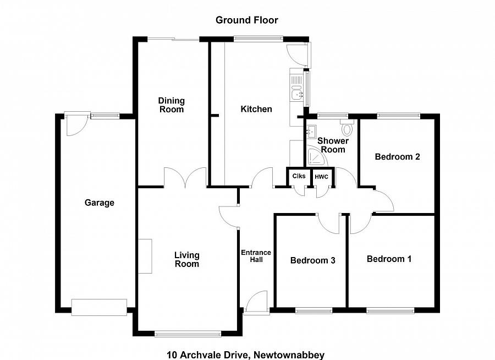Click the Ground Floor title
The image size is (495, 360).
246,20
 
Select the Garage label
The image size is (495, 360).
100,203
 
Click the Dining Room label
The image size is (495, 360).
172,105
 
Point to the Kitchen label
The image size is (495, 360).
256,109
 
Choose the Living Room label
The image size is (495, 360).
187,259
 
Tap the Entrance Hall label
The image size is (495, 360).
256,256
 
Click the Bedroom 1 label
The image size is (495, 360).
389,259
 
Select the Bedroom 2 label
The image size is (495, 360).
397,157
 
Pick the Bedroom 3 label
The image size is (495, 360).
313,260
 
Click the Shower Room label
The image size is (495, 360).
333,145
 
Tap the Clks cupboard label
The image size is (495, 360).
299,177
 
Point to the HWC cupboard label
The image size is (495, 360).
321,177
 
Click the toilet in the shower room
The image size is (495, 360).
346,129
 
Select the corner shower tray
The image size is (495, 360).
316,157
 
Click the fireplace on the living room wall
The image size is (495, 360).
145,256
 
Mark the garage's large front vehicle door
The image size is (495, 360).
100,307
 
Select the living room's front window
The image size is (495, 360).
188,333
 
